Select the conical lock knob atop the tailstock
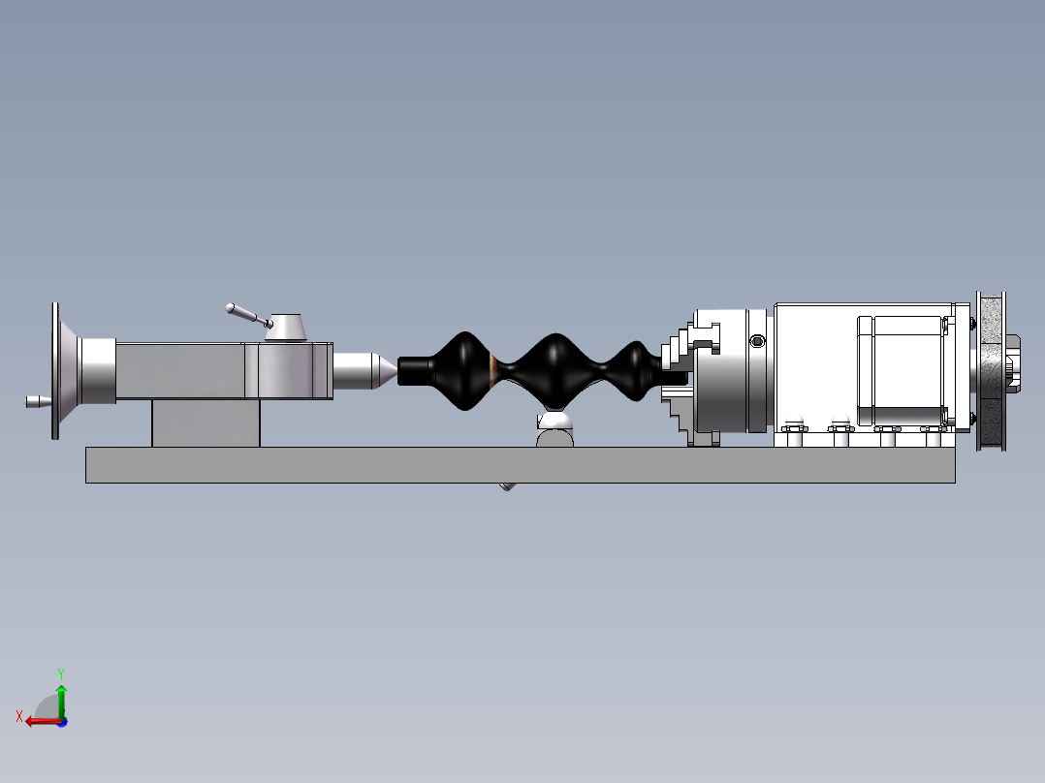pyautogui.click(x=286, y=328)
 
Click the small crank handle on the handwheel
pyautogui.click(x=36, y=400)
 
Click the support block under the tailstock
pyautogui.click(x=206, y=423)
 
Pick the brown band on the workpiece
pyautogui.click(x=494, y=368)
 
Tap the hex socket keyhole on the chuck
pyautogui.click(x=756, y=340)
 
